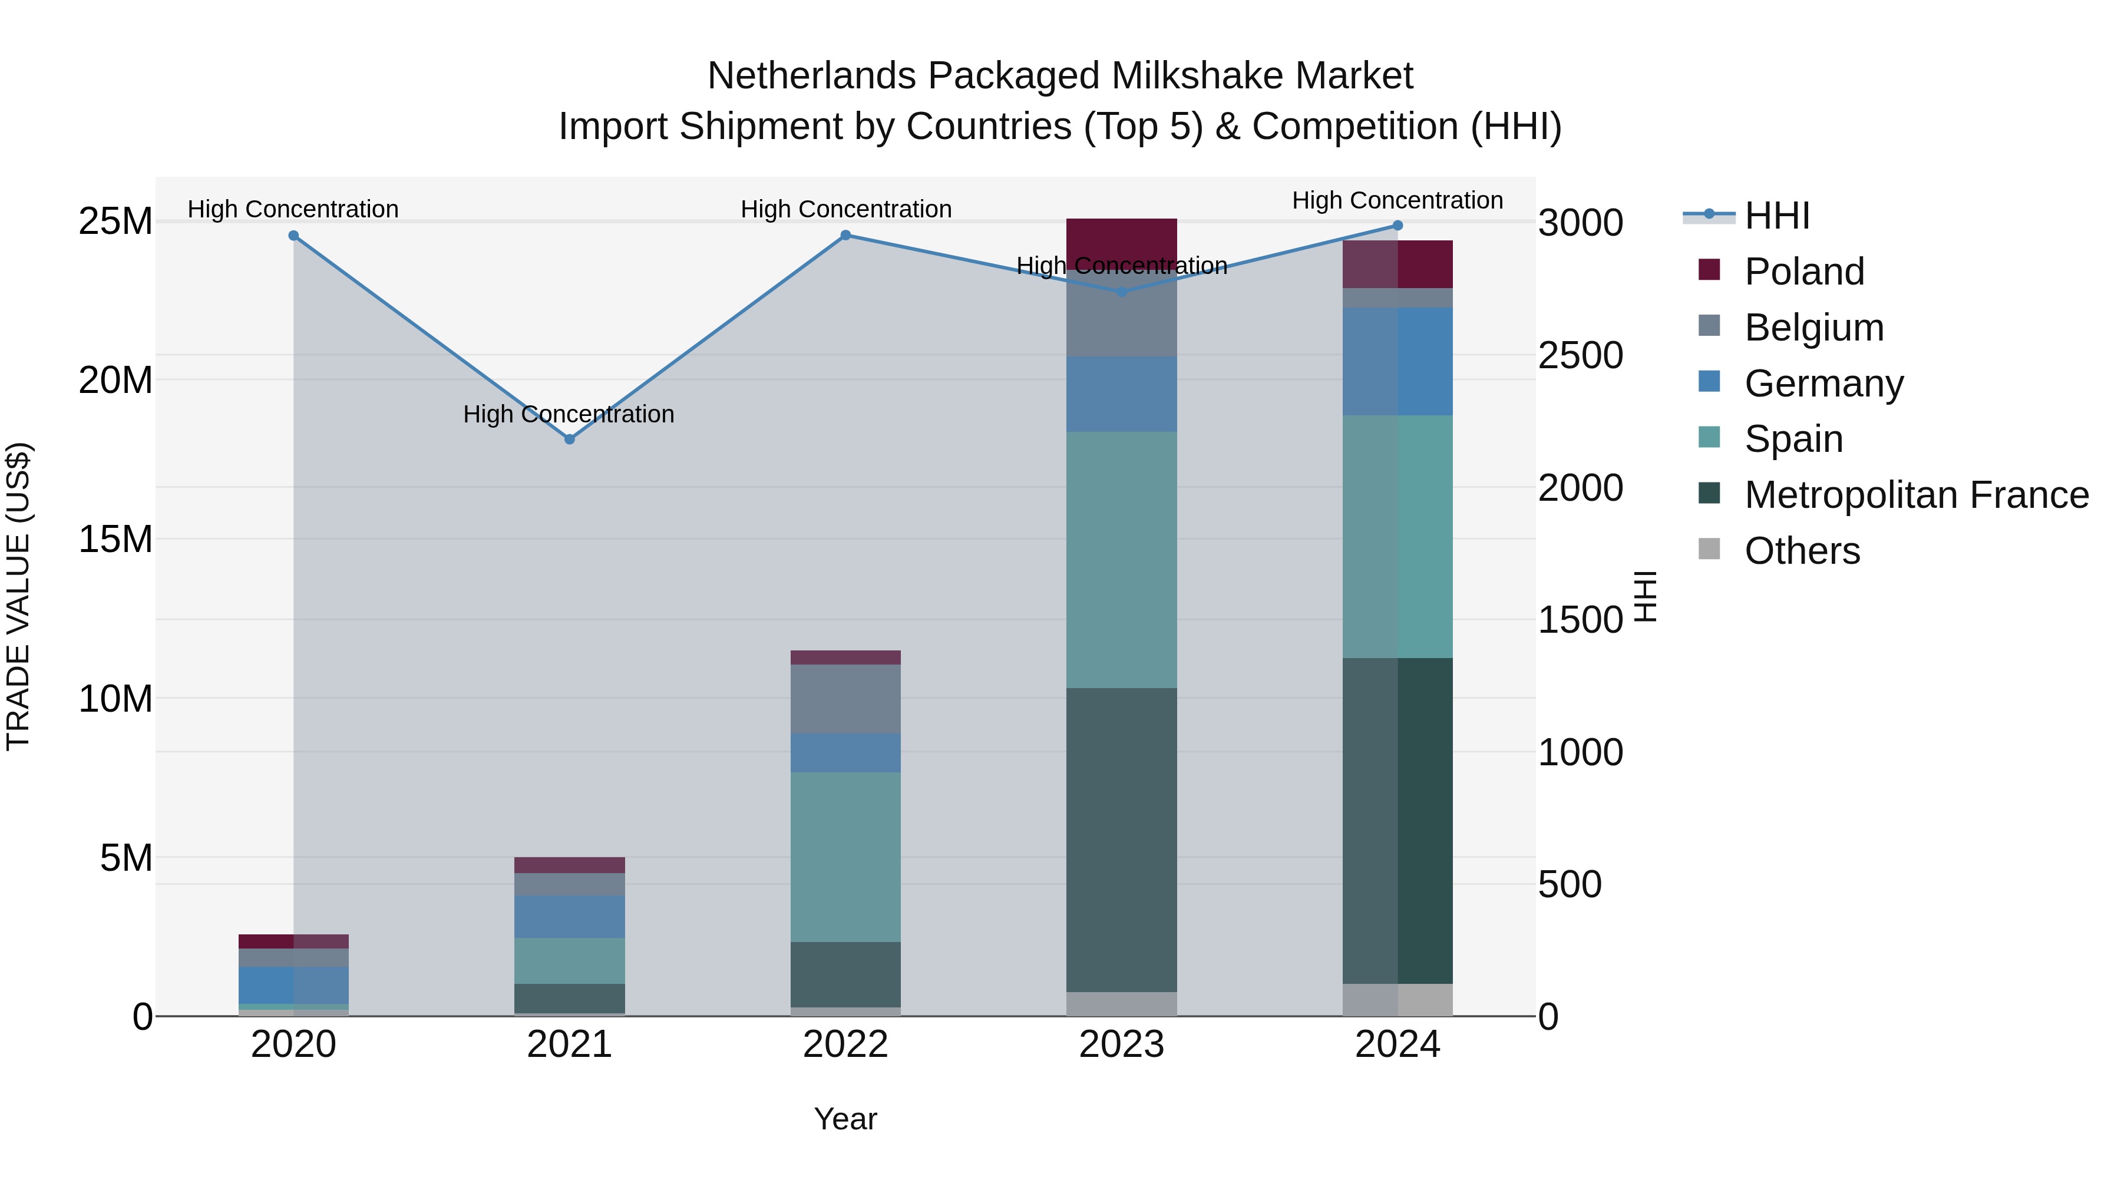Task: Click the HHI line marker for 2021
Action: point(569,439)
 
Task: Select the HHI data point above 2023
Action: point(1121,292)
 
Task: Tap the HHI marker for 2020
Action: point(293,236)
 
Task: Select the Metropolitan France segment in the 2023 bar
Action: point(1121,840)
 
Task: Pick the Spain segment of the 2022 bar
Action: point(845,856)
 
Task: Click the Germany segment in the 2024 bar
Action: point(1398,362)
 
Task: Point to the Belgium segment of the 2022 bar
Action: point(845,698)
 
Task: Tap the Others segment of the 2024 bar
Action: point(1398,1000)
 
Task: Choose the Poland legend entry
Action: point(1803,272)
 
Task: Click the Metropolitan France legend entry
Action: point(1915,495)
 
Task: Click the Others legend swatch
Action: point(1709,549)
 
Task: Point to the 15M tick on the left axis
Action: point(115,539)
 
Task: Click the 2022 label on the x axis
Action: point(845,1045)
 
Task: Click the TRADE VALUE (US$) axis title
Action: point(18,596)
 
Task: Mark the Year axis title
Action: point(845,1119)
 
